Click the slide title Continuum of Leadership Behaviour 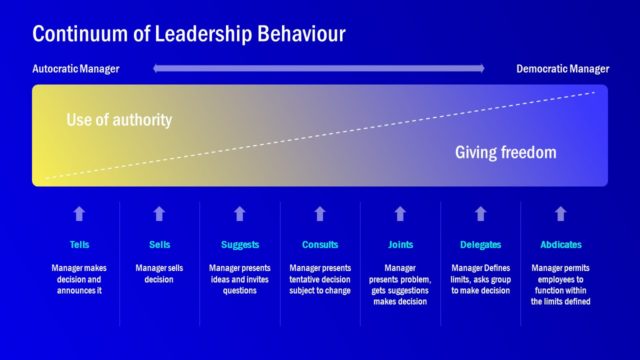tap(189, 34)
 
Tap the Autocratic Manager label tap(76, 69)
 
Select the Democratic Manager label tap(562, 69)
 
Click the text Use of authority tap(119, 120)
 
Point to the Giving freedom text tap(505, 153)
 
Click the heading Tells tap(80, 245)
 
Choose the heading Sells tap(160, 245)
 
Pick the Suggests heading tap(240, 245)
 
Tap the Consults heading tap(320, 245)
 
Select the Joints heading tap(400, 245)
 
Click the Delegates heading tap(480, 245)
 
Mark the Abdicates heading tap(560, 245)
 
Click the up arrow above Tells tap(80, 213)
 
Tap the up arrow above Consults tap(320, 213)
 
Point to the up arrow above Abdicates tap(560, 213)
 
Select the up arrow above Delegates tap(480, 213)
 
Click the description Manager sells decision tap(160, 274)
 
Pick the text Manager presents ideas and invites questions tap(240, 279)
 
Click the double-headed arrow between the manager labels tap(319, 69)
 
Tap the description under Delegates tap(480, 279)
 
